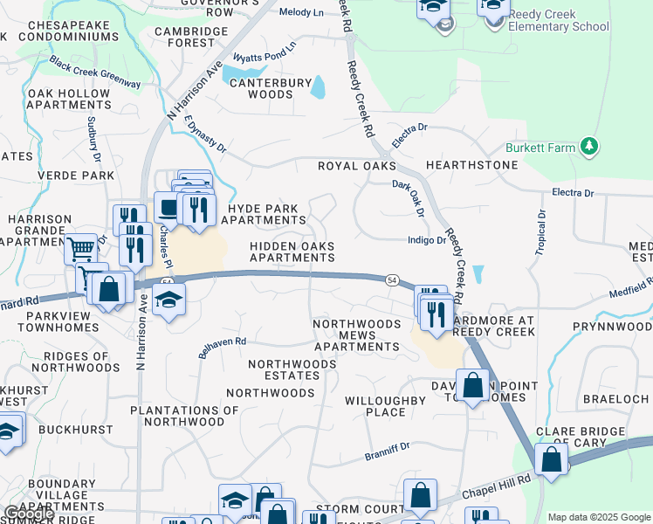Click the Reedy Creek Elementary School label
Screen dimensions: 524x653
(560, 20)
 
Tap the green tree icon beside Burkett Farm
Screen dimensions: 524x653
(589, 146)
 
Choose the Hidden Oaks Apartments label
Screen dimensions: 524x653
(292, 252)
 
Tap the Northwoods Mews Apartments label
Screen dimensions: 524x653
(356, 334)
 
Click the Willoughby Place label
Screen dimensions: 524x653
(384, 406)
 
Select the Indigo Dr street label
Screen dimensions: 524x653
(427, 240)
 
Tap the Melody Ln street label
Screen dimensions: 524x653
(300, 13)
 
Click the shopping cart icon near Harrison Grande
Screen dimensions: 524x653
(81, 249)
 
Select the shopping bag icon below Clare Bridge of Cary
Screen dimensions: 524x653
(552, 458)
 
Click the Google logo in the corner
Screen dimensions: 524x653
(29, 514)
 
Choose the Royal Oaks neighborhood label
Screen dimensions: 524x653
(356, 165)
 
